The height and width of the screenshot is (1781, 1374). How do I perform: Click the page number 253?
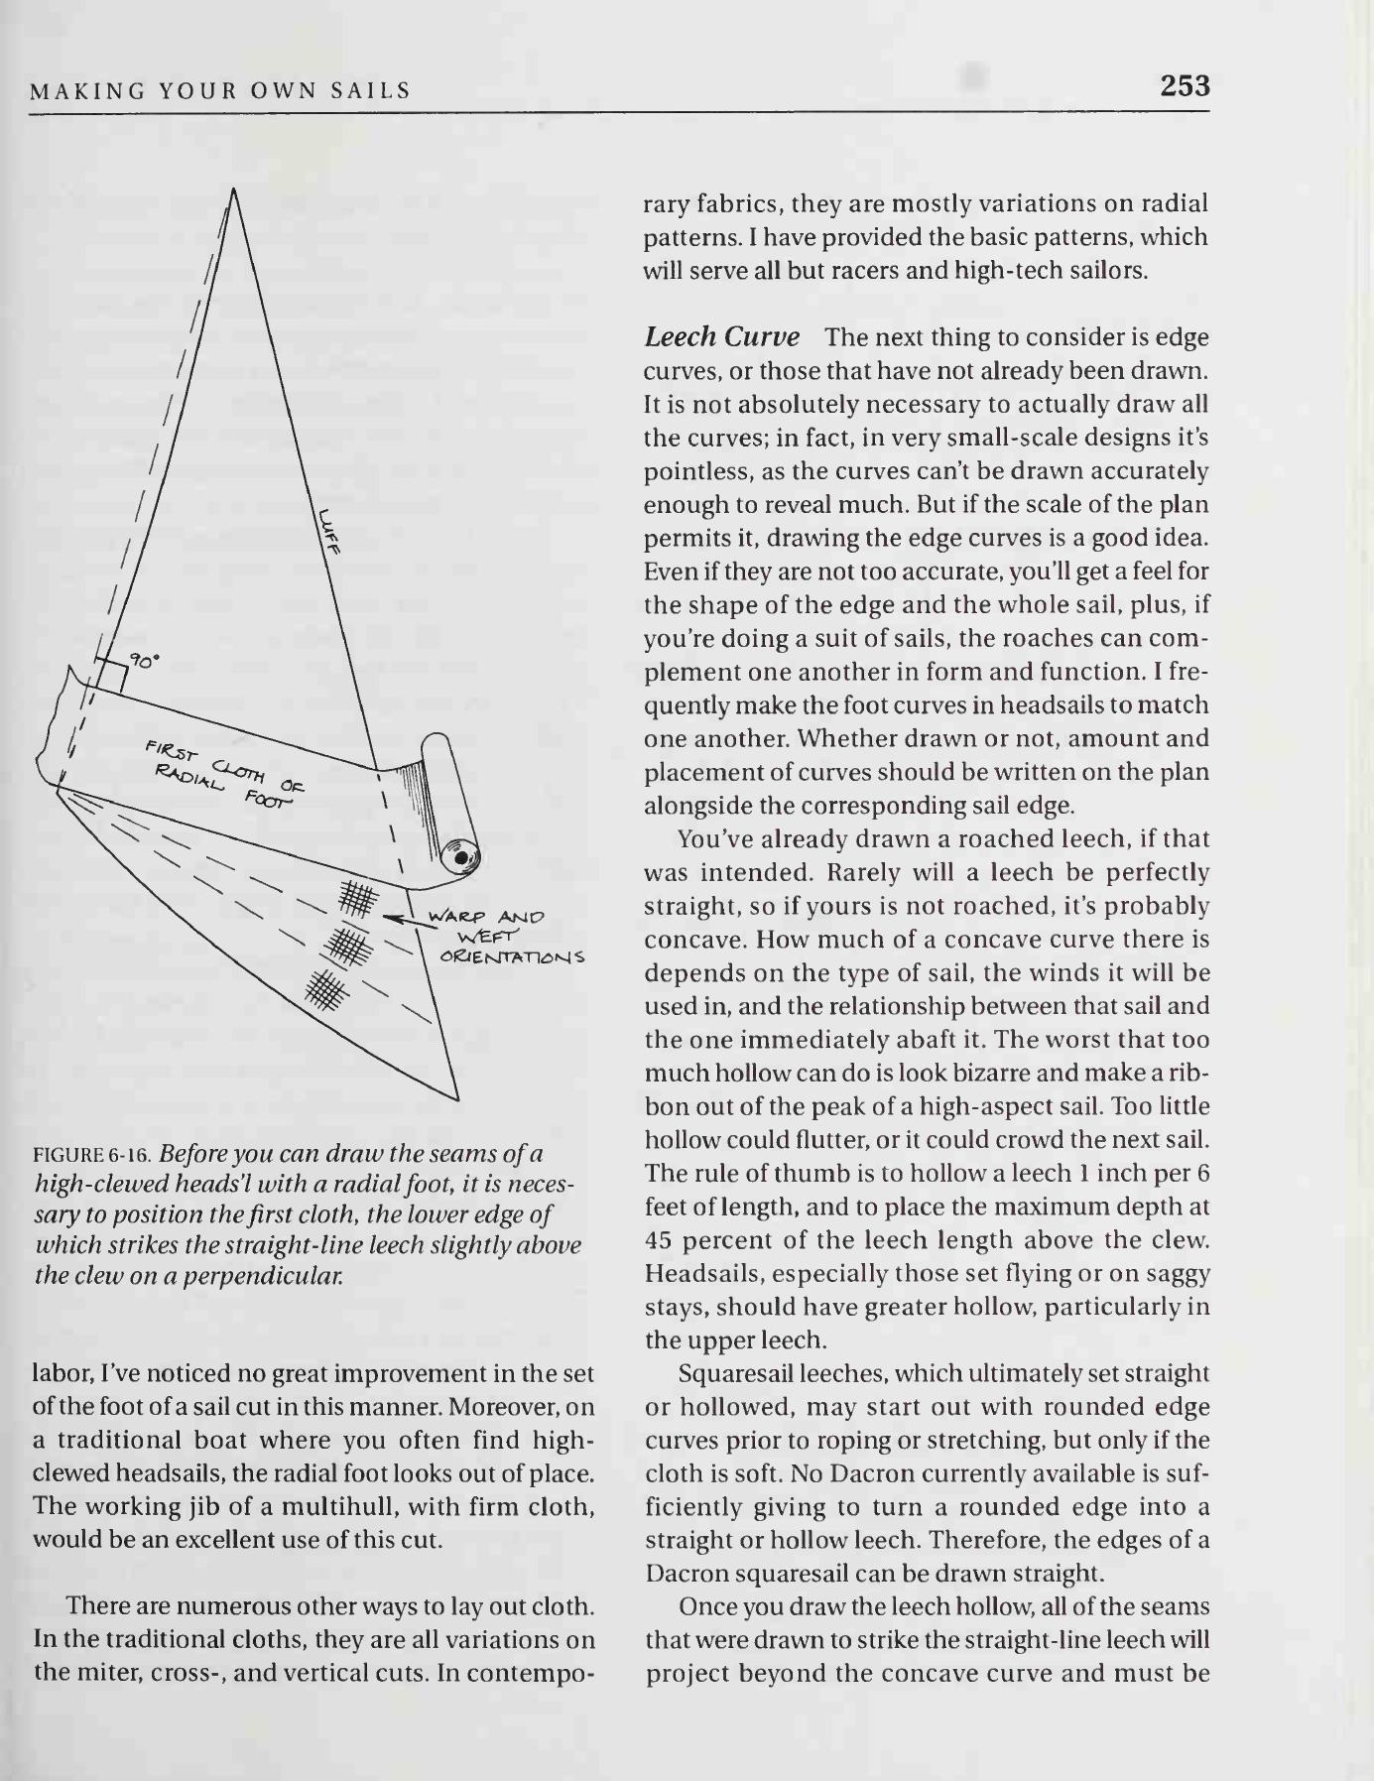pyautogui.click(x=1185, y=86)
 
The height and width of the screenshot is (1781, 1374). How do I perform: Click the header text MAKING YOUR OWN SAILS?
pyautogui.click(x=220, y=92)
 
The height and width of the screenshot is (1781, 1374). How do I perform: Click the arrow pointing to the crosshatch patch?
pyautogui.click(x=402, y=919)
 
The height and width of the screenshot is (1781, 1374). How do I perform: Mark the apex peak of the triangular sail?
pyautogui.click(x=233, y=189)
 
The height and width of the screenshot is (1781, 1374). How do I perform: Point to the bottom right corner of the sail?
pyautogui.click(x=457, y=1099)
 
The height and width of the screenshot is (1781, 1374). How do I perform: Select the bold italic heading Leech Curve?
pyautogui.click(x=721, y=337)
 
